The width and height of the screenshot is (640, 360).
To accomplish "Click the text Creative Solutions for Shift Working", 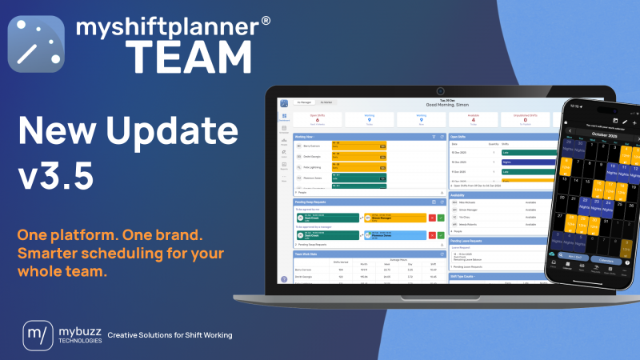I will [x=170, y=334].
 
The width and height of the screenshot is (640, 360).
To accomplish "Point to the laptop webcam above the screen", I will [x=439, y=91].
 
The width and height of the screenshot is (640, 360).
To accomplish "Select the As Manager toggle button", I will [x=304, y=103].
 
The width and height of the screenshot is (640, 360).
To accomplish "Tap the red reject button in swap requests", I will [x=432, y=217].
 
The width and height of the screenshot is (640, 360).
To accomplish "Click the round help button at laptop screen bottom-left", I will [x=284, y=278].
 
